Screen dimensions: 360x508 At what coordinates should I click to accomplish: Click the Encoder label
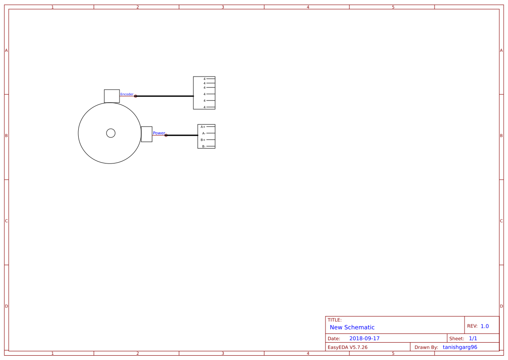pyautogui.click(x=127, y=94)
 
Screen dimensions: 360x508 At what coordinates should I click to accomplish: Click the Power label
pyautogui.click(x=159, y=133)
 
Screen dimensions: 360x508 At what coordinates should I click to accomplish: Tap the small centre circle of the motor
pyautogui.click(x=111, y=133)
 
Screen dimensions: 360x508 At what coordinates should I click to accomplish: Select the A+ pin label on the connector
pyautogui.click(x=203, y=127)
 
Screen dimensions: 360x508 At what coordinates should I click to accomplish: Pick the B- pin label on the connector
pyautogui.click(x=203, y=147)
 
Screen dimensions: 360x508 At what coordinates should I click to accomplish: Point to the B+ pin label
pyautogui.click(x=203, y=140)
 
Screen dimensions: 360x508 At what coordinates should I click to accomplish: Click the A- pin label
pyautogui.click(x=203, y=133)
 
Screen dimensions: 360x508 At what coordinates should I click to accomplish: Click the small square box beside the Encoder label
pyautogui.click(x=112, y=96)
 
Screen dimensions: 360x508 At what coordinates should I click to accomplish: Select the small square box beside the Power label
pyautogui.click(x=146, y=134)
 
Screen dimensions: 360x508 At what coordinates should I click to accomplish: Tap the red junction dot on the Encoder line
pyautogui.click(x=136, y=96)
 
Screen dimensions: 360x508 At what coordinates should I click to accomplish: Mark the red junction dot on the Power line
pyautogui.click(x=166, y=135)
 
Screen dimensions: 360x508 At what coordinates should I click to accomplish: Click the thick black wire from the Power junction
pyautogui.click(x=182, y=135)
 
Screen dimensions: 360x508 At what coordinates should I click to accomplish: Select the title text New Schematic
pyautogui.click(x=352, y=327)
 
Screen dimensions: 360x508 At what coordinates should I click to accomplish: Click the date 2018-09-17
pyautogui.click(x=364, y=338)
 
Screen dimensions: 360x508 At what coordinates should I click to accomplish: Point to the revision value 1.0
pyautogui.click(x=485, y=326)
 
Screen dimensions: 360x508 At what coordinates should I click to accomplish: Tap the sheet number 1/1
pyautogui.click(x=473, y=338)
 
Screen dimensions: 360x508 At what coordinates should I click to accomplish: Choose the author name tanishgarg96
pyautogui.click(x=460, y=347)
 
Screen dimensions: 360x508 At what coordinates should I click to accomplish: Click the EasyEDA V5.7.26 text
pyautogui.click(x=347, y=347)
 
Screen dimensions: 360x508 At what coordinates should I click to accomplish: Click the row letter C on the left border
pyautogui.click(x=7, y=221)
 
